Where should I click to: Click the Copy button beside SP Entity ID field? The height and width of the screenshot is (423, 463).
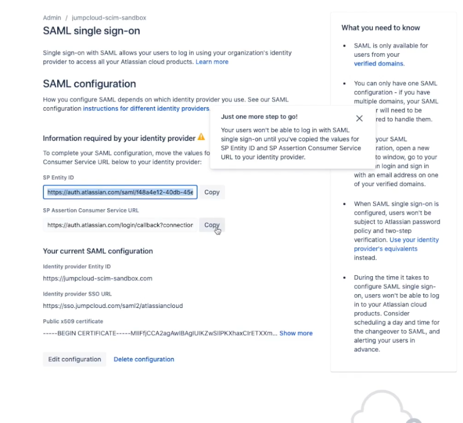pyautogui.click(x=212, y=192)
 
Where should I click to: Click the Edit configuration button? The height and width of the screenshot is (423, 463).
pyautogui.click(x=74, y=359)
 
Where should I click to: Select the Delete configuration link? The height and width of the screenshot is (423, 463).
pyautogui.click(x=144, y=359)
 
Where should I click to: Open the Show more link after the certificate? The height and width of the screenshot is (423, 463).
pyautogui.click(x=296, y=333)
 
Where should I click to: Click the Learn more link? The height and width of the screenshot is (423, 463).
pyautogui.click(x=212, y=62)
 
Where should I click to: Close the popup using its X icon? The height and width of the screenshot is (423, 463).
pyautogui.click(x=360, y=118)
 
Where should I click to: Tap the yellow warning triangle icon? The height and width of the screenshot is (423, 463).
pyautogui.click(x=201, y=137)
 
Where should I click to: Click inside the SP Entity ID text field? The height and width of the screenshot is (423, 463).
pyautogui.click(x=120, y=192)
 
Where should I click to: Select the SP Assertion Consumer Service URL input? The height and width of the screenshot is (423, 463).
pyautogui.click(x=120, y=225)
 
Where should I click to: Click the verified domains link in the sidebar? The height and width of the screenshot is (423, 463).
pyautogui.click(x=379, y=64)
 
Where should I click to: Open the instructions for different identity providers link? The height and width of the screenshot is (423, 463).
pyautogui.click(x=146, y=109)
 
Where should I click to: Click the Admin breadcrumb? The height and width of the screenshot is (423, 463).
pyautogui.click(x=51, y=17)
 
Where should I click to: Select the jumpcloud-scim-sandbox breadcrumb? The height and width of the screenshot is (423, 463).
pyautogui.click(x=109, y=17)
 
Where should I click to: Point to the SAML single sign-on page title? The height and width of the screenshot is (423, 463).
pyautogui.click(x=91, y=31)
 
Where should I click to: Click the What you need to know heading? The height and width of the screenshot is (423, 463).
pyautogui.click(x=380, y=28)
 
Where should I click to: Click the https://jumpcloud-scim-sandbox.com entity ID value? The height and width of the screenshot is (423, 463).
pyautogui.click(x=98, y=278)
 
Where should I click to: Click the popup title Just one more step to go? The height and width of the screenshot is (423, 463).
pyautogui.click(x=259, y=117)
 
